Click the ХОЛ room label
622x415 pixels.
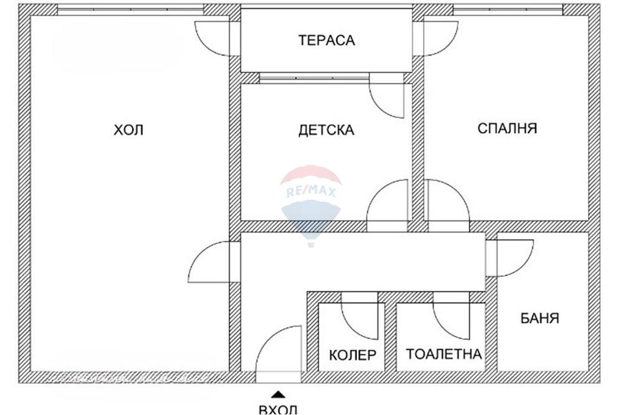coord(129,130)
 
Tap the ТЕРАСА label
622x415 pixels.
coord(327,40)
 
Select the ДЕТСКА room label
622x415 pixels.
coord(327,130)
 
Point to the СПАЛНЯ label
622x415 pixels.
coord(508,128)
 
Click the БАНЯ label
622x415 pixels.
coord(540,319)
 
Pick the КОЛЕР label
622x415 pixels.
coord(353,355)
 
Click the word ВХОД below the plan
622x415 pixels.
coord(278,409)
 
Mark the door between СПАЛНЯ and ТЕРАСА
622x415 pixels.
coord(439,39)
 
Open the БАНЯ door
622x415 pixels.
coord(511,256)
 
